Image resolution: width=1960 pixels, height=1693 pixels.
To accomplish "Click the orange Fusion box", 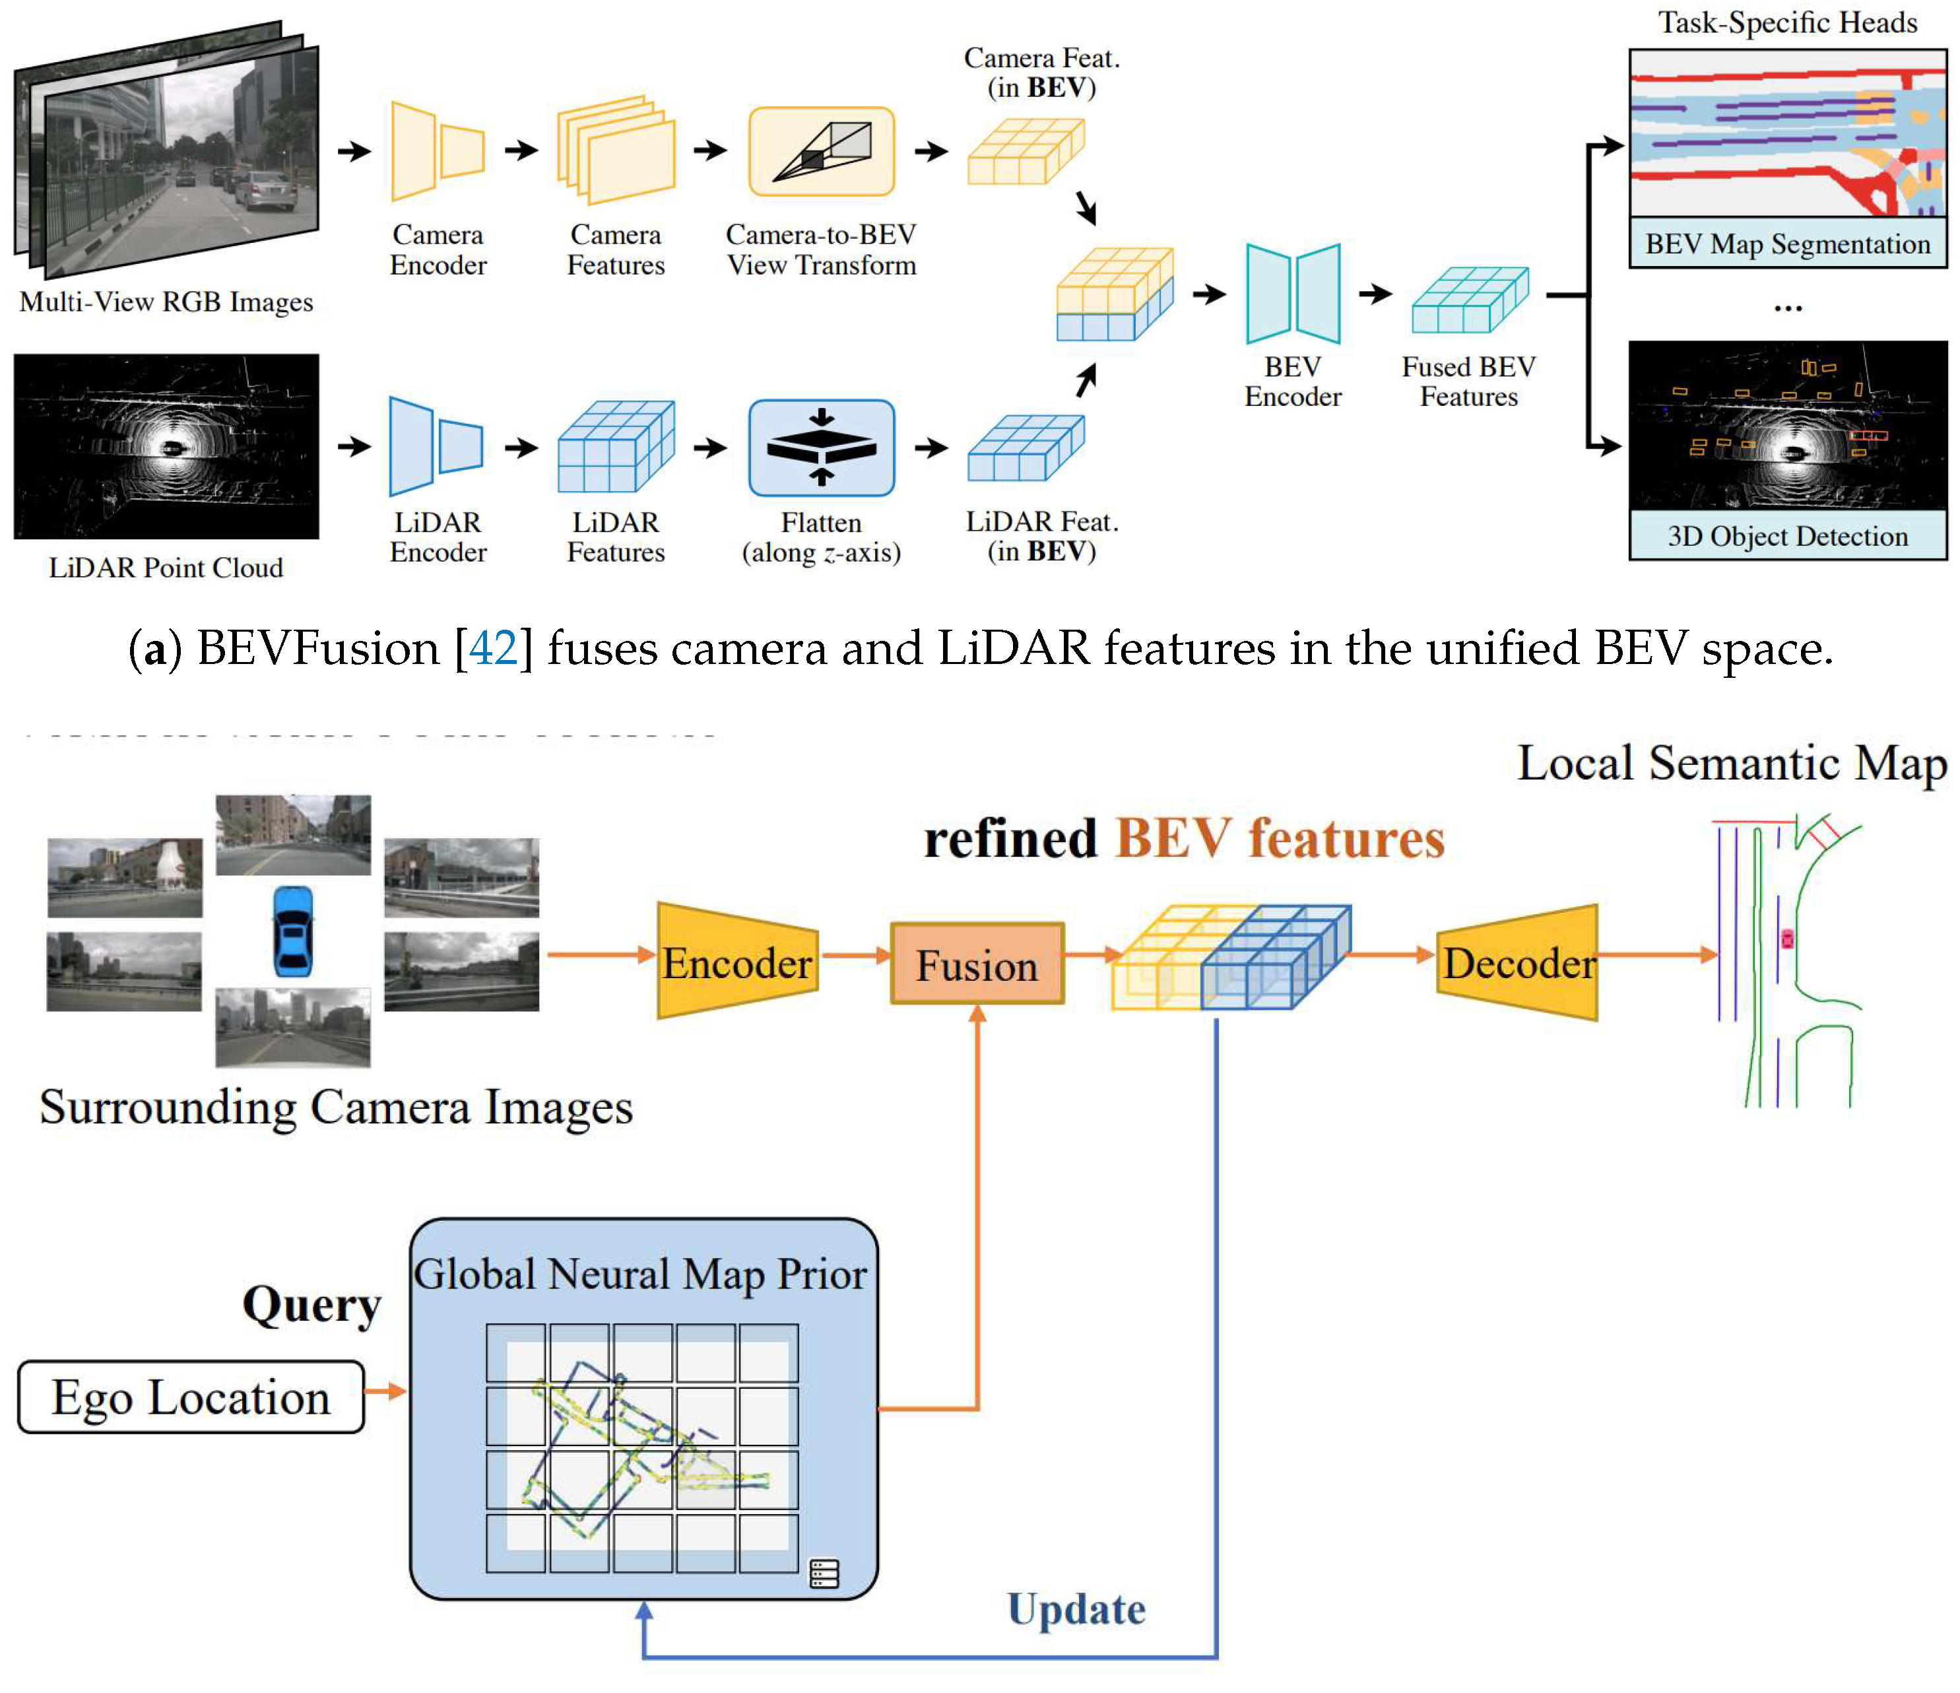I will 977,964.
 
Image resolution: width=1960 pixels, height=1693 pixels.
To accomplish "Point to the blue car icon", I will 292,931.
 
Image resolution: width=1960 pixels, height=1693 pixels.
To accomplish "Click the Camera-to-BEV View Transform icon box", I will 821,151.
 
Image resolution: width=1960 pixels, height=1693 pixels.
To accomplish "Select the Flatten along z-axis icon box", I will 821,448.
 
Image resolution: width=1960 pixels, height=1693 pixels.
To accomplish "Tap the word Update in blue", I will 1076,1609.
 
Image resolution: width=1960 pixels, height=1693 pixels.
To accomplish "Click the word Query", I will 311,1305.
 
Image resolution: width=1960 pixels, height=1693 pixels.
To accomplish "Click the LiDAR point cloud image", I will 166,447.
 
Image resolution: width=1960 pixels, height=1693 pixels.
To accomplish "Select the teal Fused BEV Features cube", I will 1469,300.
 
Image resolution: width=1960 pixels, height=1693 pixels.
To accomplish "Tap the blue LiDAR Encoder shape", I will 435,447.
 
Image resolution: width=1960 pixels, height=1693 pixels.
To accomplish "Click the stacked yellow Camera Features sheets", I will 616,151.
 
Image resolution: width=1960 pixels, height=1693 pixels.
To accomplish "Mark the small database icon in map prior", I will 824,1574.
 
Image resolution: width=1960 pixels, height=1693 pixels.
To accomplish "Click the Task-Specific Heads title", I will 1787,22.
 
